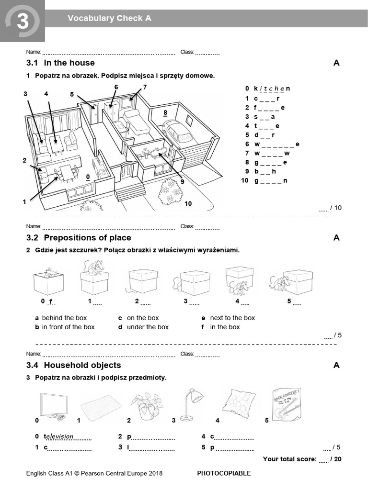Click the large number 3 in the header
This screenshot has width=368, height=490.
22,21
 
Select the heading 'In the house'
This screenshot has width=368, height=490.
69,63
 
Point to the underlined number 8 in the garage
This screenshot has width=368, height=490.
165,113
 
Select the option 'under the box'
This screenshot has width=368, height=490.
148,327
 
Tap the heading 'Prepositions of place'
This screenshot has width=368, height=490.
87,238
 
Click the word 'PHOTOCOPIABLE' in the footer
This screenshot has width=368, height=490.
224,473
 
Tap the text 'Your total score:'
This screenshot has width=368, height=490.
289,459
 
